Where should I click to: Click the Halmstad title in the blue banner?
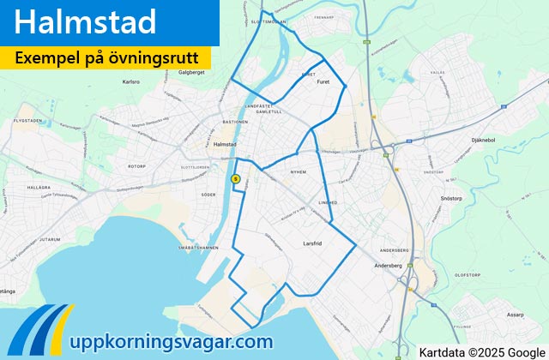point(86,22)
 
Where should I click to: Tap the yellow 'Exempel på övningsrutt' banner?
point(106,58)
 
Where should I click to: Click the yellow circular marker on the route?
point(236,179)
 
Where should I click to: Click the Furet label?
point(323,83)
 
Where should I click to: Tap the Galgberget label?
point(191,73)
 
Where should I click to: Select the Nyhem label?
point(298,171)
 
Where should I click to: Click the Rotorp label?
point(136,165)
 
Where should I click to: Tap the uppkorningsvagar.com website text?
point(174,341)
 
